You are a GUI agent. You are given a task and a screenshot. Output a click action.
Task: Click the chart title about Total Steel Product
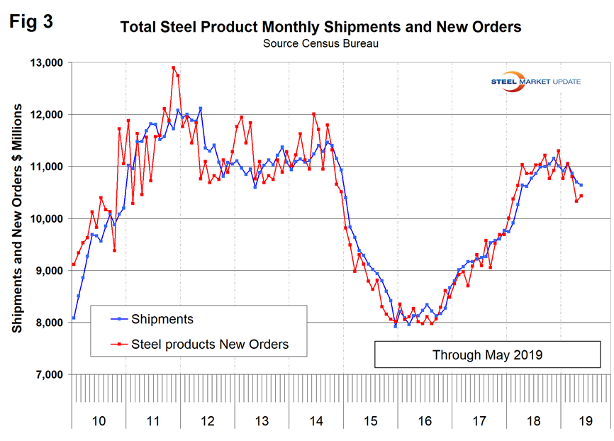[320, 28]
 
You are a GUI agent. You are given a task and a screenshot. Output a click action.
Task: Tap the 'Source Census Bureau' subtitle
[320, 43]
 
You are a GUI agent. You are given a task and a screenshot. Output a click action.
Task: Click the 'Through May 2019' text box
[487, 355]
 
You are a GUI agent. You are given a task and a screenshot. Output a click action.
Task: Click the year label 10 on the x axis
[99, 421]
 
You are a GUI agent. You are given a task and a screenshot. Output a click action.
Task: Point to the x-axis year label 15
[369, 421]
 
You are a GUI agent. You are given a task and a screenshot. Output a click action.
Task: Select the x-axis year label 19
[586, 421]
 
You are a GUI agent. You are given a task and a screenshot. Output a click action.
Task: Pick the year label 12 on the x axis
[207, 421]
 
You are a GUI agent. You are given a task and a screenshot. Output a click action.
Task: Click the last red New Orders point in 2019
[581, 196]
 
